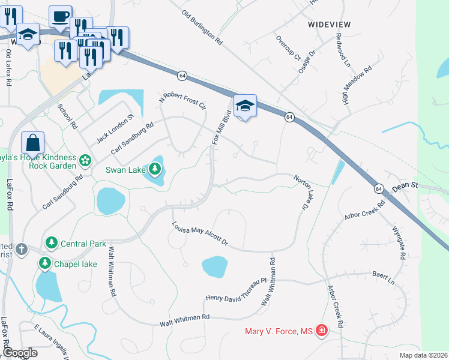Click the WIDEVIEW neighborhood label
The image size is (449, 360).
(329, 25)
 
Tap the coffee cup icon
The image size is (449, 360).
(60, 17)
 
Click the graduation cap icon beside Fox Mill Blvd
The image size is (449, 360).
(244, 106)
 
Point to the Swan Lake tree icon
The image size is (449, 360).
(155, 170)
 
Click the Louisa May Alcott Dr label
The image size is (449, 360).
(200, 233)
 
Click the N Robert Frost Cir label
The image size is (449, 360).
(182, 101)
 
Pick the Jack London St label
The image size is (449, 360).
(114, 129)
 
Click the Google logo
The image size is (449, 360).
(20, 353)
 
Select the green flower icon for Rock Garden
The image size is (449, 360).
(85, 160)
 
